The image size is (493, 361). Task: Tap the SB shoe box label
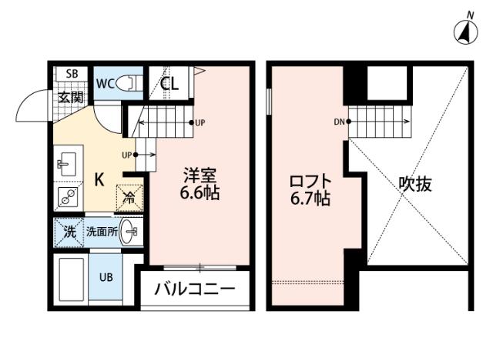tap(72, 74)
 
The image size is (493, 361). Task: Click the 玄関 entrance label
tap(71, 97)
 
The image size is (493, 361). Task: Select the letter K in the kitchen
tap(99, 180)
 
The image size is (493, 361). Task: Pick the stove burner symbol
tap(66, 196)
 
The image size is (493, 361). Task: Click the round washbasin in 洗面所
tap(133, 230)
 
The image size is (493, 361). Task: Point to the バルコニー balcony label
tap(194, 290)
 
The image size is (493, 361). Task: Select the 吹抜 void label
tap(414, 185)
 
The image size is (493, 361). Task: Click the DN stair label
tap(339, 122)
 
